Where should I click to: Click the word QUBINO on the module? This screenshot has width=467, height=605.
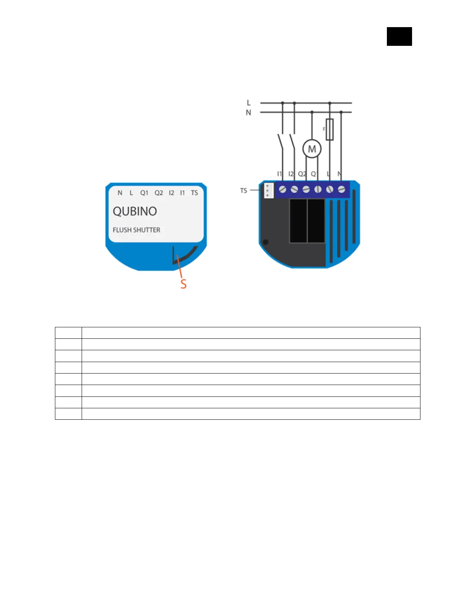(x=135, y=211)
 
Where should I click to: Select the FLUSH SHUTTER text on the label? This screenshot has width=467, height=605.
(x=136, y=230)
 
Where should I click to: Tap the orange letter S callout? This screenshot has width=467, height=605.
(x=184, y=284)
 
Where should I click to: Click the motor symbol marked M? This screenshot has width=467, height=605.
(x=312, y=149)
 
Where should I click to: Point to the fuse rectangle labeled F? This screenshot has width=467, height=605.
(x=330, y=129)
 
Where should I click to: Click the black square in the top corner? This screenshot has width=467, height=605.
(x=399, y=37)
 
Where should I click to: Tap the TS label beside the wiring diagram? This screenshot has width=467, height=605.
(x=243, y=191)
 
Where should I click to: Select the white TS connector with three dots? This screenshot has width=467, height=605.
(x=269, y=191)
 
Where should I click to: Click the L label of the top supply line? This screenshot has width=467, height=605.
(x=249, y=103)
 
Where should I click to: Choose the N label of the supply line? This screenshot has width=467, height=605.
(x=248, y=113)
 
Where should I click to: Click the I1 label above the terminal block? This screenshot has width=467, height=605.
(x=279, y=174)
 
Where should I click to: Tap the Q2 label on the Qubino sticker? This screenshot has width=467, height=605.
(x=159, y=193)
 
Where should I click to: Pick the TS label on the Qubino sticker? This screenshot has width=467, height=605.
(x=195, y=193)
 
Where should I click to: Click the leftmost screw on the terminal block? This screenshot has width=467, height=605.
(x=283, y=189)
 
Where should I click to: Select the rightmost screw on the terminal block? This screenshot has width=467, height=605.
(x=341, y=189)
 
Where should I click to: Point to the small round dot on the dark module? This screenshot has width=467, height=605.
(x=266, y=242)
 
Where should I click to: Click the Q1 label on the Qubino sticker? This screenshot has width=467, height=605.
(x=144, y=193)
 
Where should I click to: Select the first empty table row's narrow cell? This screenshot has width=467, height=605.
(x=68, y=333)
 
